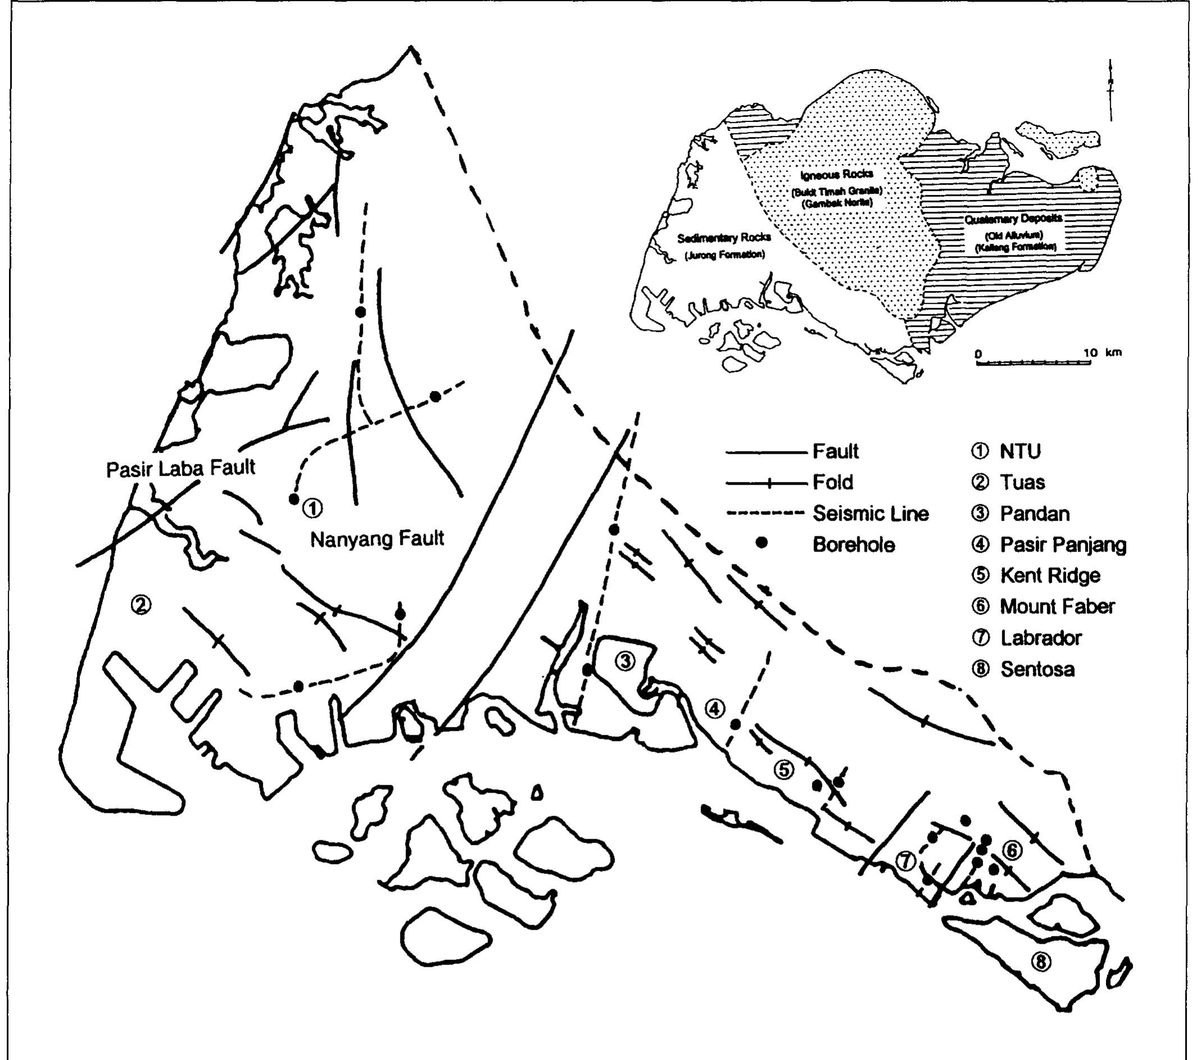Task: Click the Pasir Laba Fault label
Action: coord(180,468)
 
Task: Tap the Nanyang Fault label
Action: coord(376,538)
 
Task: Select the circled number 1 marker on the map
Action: coord(312,508)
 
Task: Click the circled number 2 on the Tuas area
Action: coord(141,604)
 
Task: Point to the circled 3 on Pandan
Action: coord(625,662)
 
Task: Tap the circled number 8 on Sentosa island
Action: coord(1040,962)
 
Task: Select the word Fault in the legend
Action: coord(835,451)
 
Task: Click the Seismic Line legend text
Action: coord(870,513)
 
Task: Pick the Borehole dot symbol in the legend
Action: coord(762,544)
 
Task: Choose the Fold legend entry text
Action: coord(832,483)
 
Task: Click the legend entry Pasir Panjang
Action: coord(1063,545)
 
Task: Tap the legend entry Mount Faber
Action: coord(1057,606)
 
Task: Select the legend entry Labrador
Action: coord(1040,638)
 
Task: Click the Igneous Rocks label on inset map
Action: coord(836,174)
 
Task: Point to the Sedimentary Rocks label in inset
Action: coord(724,238)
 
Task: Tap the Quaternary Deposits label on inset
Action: coord(1013,219)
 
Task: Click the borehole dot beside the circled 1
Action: coord(294,499)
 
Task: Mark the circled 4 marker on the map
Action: coord(715,709)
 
